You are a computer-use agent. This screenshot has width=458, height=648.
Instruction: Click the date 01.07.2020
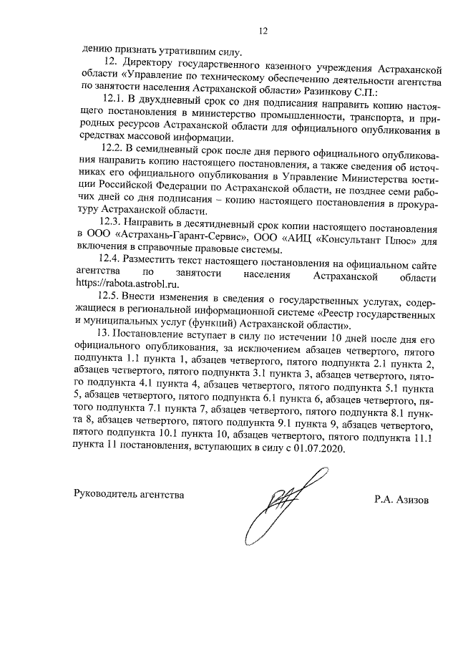tap(320, 448)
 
